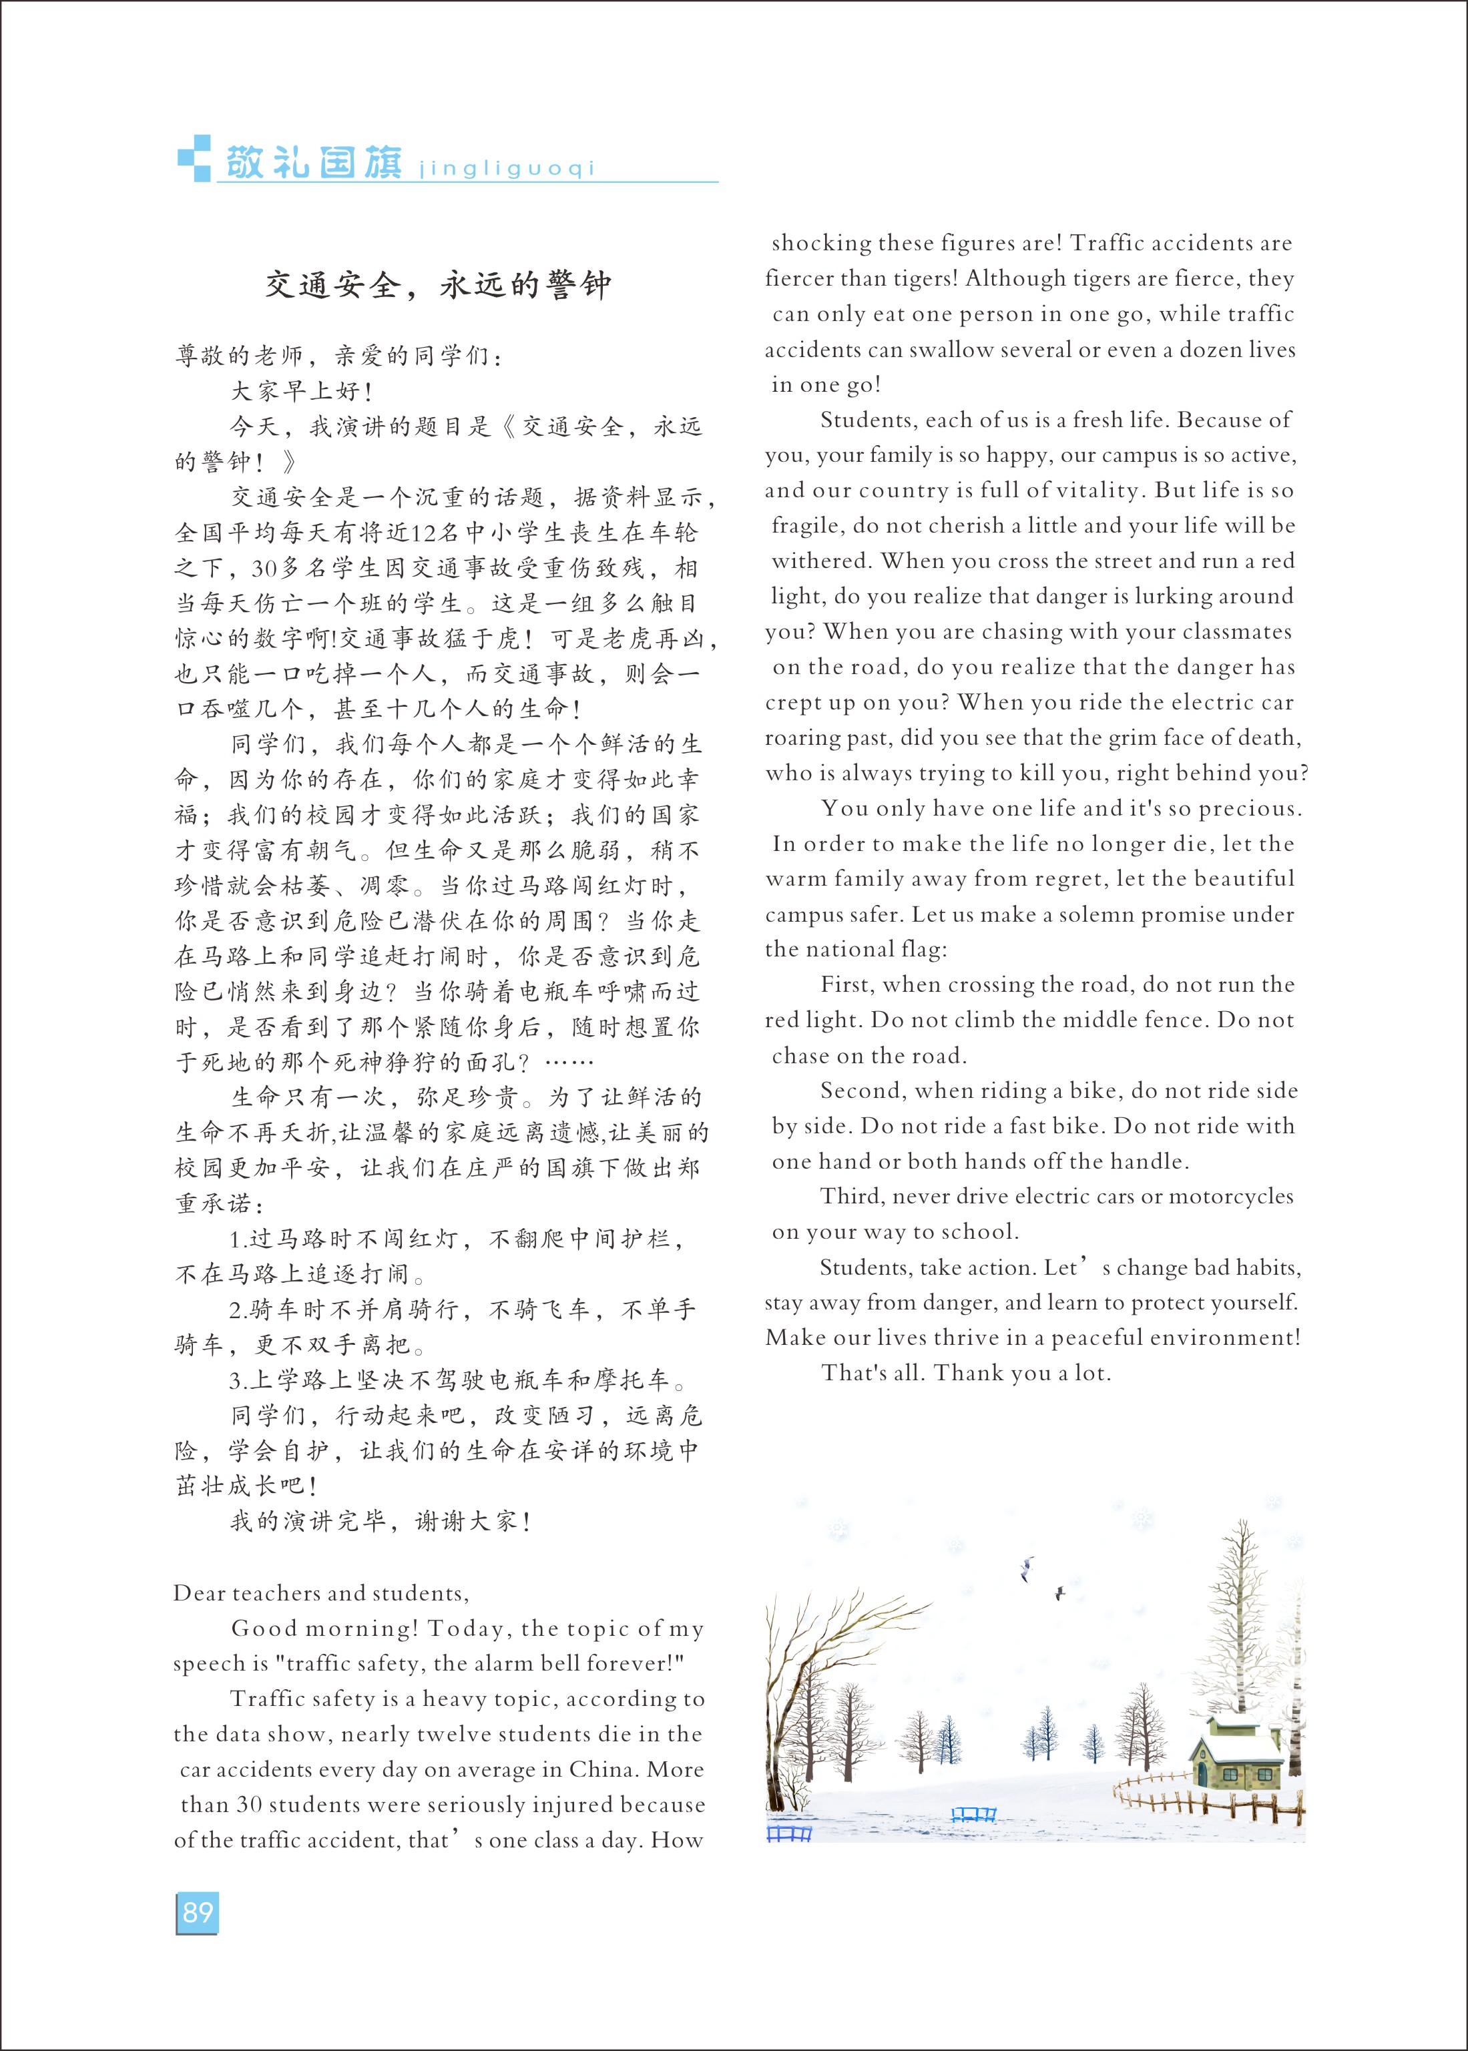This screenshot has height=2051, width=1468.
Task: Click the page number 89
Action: pyautogui.click(x=197, y=1912)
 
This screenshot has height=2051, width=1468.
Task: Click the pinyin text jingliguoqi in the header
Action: pyautogui.click(x=507, y=169)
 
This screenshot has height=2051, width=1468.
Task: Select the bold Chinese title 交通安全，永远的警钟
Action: pyautogui.click(x=439, y=286)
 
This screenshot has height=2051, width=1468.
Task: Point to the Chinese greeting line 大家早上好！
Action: pyautogui.click(x=302, y=391)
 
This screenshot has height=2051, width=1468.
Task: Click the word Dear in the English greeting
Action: pyautogui.click(x=199, y=1593)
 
